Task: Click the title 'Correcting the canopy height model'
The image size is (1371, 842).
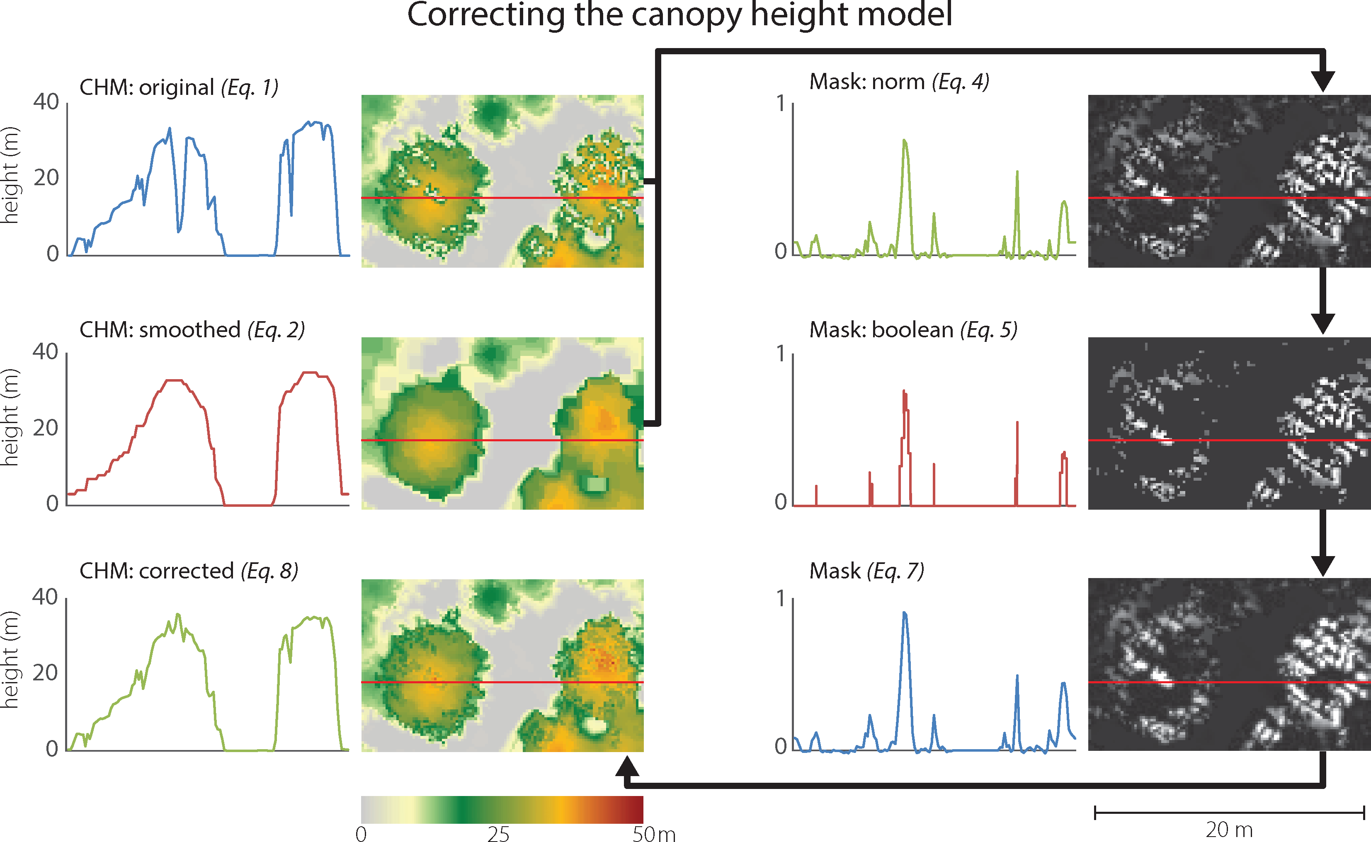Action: (x=679, y=15)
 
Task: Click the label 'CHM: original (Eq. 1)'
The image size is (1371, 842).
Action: (x=179, y=87)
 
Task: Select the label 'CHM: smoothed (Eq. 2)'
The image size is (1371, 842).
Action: (x=192, y=330)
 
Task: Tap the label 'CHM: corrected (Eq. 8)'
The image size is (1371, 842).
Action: (x=189, y=571)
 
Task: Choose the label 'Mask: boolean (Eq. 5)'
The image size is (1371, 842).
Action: (x=912, y=330)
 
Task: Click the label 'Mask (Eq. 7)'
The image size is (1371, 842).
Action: (x=866, y=571)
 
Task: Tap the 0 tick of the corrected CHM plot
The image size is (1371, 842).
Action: (x=52, y=748)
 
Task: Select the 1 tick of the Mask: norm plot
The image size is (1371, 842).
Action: (x=781, y=104)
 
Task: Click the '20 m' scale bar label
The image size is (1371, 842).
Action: (x=1229, y=830)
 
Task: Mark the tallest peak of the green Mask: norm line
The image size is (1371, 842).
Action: (x=904, y=140)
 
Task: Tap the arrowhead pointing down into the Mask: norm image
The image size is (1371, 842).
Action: (x=1322, y=81)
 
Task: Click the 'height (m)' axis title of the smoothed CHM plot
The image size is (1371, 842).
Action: (x=10, y=418)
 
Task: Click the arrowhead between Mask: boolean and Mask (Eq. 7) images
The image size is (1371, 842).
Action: (x=1322, y=565)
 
